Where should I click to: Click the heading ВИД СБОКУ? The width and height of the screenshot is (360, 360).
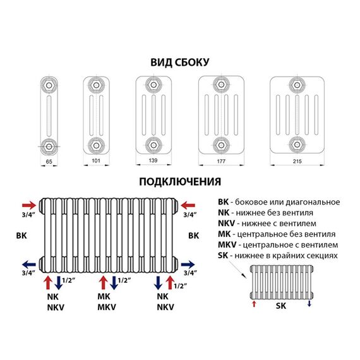pos(180,63)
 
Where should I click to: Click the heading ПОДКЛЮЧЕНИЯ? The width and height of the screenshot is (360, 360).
pos(180,182)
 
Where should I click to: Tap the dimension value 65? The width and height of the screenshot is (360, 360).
pos(49,162)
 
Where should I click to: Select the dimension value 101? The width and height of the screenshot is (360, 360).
pos(96,160)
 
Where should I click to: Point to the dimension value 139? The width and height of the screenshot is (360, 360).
pos(153,160)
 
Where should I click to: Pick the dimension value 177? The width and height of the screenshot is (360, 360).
pos(221,161)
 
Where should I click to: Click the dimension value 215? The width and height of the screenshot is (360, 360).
pos(297,161)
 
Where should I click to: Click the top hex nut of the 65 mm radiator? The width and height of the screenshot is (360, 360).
pos(49,85)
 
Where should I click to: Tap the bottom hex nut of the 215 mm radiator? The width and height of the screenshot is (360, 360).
pos(297,145)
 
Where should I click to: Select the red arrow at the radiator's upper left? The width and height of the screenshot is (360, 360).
pos(29,205)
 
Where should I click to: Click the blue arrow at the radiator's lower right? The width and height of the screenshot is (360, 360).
pos(188,265)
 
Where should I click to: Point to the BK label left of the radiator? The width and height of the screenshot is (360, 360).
pos(21,236)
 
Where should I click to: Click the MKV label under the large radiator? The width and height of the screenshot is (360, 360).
pos(107,307)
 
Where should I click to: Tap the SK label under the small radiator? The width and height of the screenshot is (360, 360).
pos(281,306)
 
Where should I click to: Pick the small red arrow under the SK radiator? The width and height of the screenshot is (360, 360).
pos(254,304)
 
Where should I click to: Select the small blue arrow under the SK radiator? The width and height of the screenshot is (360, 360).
pos(309,304)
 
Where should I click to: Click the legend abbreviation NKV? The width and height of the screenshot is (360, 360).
pos(226,223)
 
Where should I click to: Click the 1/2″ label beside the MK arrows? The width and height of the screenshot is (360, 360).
pos(124,280)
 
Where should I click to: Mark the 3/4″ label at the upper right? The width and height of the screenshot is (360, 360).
pos(190,215)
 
